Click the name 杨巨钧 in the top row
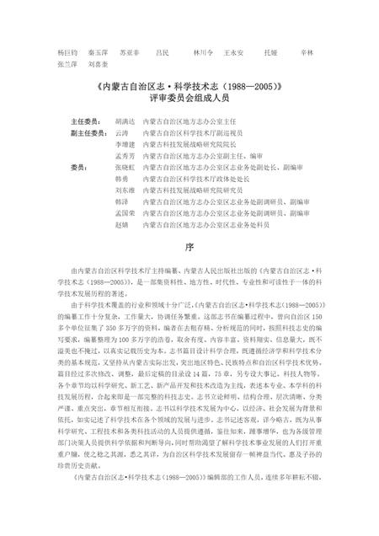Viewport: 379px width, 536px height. [67, 52]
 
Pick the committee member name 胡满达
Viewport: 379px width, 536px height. [124, 121]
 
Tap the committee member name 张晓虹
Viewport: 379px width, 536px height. [124, 168]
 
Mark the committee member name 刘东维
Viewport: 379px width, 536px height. [124, 191]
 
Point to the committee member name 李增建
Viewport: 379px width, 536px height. [124, 145]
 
